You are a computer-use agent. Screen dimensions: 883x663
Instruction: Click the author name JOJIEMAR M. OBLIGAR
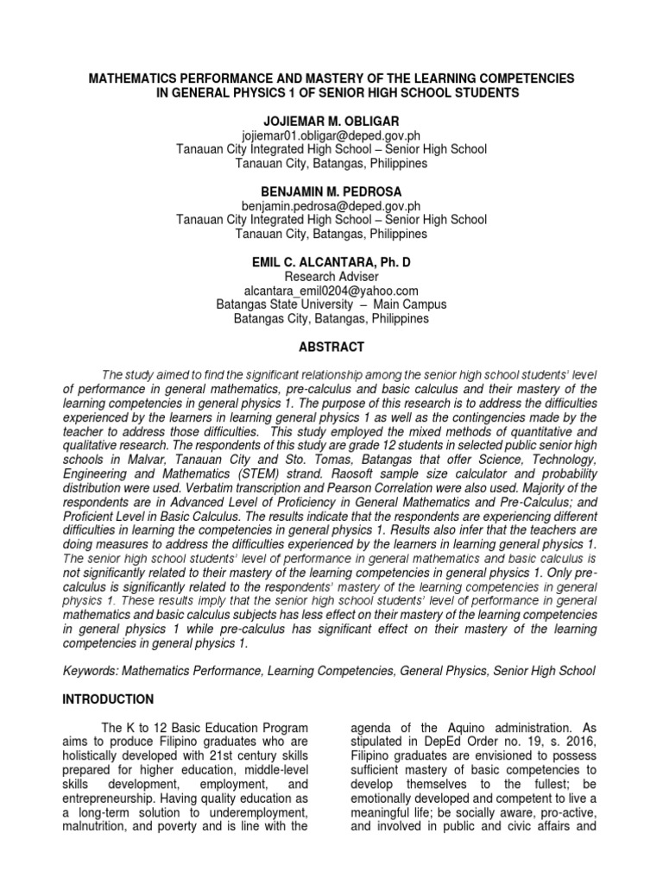331,121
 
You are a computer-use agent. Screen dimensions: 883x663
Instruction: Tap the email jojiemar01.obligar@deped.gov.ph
331,135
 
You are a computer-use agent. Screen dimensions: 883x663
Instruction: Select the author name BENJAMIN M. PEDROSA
331,191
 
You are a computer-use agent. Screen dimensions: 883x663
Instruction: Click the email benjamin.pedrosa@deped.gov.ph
331,205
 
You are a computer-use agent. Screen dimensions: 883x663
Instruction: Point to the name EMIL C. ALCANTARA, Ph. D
331,260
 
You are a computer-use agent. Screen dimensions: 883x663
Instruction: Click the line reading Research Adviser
331,276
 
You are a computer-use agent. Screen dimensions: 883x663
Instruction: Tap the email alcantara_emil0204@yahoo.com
331,290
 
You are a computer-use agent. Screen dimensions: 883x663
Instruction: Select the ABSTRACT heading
331,347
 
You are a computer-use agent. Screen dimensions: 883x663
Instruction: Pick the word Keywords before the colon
91,670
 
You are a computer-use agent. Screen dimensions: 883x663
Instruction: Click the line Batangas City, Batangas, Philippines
331,318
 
